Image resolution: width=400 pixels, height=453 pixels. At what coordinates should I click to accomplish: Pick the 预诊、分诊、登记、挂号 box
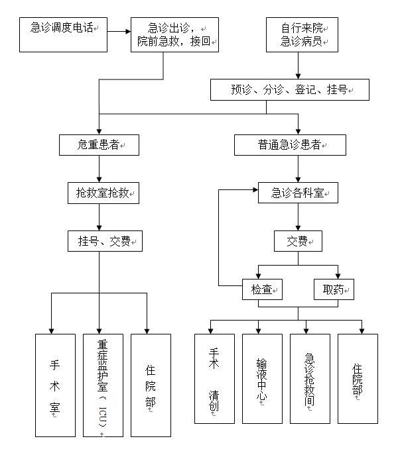[x=290, y=89]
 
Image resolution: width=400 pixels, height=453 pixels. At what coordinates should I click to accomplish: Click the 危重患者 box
[x=99, y=144]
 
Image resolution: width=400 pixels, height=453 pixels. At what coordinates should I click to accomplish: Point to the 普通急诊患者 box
[x=290, y=144]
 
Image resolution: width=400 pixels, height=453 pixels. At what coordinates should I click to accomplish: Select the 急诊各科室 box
[x=298, y=193]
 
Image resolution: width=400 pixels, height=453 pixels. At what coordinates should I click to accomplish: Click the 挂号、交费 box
[x=105, y=241]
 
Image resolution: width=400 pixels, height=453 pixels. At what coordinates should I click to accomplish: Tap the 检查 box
[x=261, y=289]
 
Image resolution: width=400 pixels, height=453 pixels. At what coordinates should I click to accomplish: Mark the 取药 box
[x=333, y=289]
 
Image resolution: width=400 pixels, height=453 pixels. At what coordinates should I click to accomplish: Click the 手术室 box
[x=55, y=385]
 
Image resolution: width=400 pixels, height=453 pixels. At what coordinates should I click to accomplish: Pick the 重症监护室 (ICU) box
[x=103, y=385]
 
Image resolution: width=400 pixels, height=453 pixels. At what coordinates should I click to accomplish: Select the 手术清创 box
[x=214, y=378]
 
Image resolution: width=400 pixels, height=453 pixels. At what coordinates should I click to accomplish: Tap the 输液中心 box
[x=262, y=378]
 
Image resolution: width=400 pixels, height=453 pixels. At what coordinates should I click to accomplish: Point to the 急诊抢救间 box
[x=310, y=378]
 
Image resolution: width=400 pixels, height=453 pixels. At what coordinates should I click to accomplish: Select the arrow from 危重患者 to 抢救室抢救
[x=99, y=169]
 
